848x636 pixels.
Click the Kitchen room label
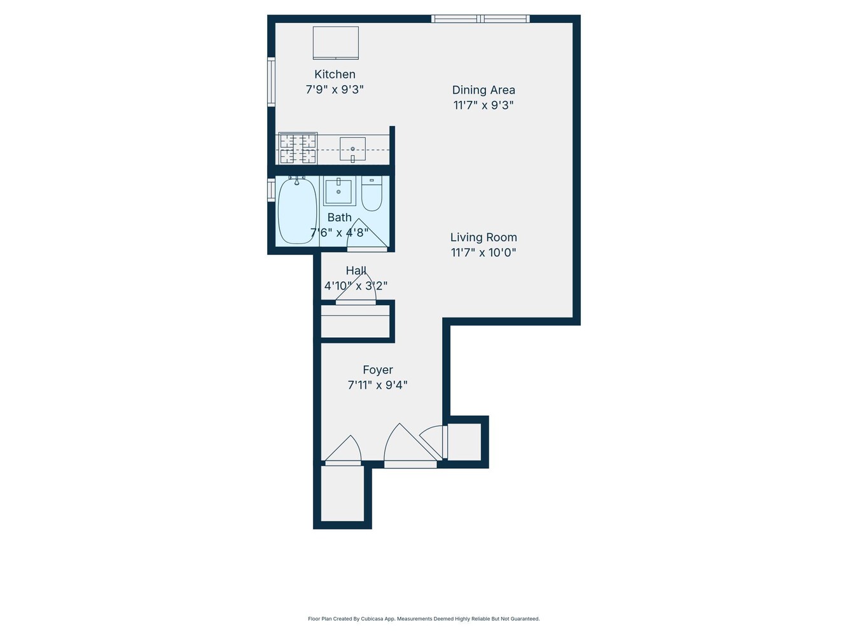pyautogui.click(x=335, y=74)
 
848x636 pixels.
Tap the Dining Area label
pyautogui.click(x=483, y=90)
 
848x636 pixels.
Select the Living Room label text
pyautogui.click(x=483, y=237)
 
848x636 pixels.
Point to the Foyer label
pyautogui.click(x=377, y=370)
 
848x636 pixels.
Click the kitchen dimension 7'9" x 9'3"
pyautogui.click(x=335, y=90)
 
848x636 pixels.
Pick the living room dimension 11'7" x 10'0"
pyautogui.click(x=483, y=252)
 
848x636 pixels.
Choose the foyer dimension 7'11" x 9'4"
pyautogui.click(x=377, y=385)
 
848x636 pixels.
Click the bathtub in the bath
pyautogui.click(x=298, y=211)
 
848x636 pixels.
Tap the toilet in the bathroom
pyautogui.click(x=372, y=193)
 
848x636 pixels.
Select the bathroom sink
pyautogui.click(x=339, y=191)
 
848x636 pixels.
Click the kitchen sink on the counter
pyautogui.click(x=352, y=149)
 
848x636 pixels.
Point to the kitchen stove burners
pyautogui.click(x=298, y=148)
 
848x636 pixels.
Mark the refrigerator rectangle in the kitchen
pyautogui.click(x=335, y=43)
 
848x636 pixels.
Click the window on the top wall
pyautogui.click(x=480, y=18)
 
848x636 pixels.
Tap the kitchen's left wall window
pyautogui.click(x=271, y=81)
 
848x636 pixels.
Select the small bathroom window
pyautogui.click(x=271, y=190)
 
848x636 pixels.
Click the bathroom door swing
pyautogui.click(x=366, y=235)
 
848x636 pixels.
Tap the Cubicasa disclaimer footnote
pyautogui.click(x=424, y=619)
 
